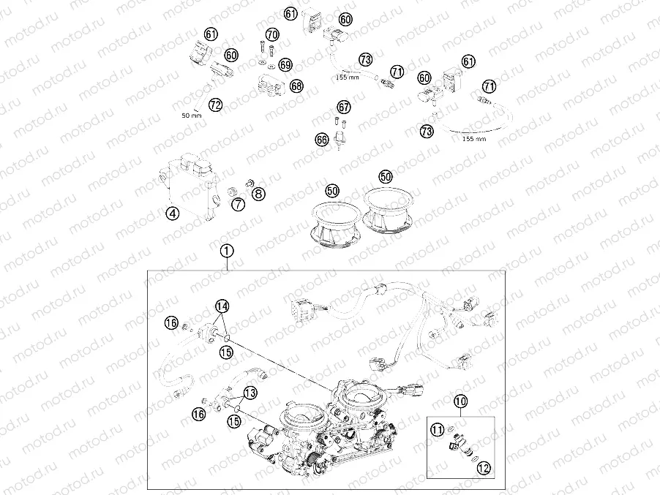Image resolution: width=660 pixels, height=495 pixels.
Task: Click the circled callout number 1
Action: [226, 251]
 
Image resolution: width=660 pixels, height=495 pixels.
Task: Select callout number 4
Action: [172, 214]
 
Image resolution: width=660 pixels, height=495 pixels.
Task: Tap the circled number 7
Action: [239, 205]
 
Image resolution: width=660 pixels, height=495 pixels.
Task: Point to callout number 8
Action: [258, 194]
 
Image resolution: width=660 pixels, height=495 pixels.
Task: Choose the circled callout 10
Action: [460, 401]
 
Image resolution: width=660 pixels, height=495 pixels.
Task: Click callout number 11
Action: [438, 430]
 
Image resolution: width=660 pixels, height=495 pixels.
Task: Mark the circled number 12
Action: [484, 468]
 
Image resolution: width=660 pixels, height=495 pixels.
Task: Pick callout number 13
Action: [250, 393]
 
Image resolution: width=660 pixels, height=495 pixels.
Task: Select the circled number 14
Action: [222, 306]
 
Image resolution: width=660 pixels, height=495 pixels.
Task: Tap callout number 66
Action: [322, 139]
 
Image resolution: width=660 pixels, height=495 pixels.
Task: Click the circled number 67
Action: [344, 107]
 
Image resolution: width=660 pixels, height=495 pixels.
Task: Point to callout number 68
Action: [297, 86]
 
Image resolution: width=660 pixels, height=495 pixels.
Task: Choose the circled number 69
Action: [285, 65]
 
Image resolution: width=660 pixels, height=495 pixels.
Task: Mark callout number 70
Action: [272, 34]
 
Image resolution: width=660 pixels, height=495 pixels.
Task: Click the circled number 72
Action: [215, 105]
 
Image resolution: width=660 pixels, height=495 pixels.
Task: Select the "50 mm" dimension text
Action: [192, 116]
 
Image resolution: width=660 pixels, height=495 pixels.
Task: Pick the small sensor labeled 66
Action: [339, 140]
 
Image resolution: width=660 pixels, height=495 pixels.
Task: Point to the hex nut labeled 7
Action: [231, 192]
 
